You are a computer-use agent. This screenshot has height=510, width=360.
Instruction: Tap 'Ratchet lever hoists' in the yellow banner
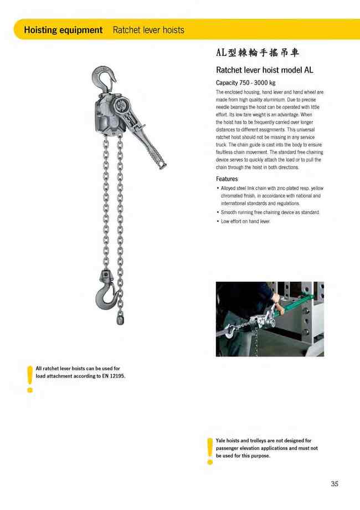point(148,30)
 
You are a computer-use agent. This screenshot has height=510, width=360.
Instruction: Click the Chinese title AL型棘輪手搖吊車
point(258,53)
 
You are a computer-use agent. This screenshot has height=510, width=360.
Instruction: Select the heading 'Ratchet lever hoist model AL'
point(264,70)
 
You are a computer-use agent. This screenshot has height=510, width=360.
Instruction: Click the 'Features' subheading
point(227,179)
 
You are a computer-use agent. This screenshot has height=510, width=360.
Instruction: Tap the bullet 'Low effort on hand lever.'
point(245,221)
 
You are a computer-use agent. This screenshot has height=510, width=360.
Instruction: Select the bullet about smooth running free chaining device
point(270,212)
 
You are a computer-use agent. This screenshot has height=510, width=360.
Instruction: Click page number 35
point(334,484)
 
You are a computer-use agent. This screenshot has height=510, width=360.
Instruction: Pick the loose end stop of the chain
point(121,319)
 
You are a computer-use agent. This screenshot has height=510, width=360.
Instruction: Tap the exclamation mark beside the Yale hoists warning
point(209,450)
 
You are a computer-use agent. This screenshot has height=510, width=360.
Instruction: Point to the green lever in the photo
point(299,305)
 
